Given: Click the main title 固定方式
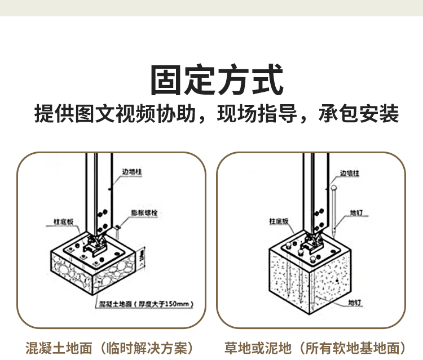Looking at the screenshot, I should pyautogui.click(x=217, y=80).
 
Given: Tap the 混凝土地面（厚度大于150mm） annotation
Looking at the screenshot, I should pyautogui.click(x=146, y=304).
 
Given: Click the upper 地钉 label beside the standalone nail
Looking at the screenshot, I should pyautogui.click(x=356, y=213).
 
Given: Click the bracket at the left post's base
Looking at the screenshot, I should pyautogui.click(x=94, y=243).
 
